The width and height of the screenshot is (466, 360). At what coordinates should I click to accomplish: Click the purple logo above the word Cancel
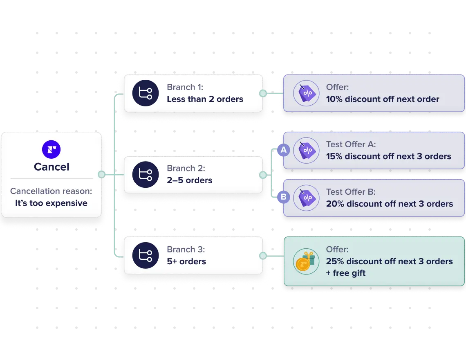click(x=52, y=149)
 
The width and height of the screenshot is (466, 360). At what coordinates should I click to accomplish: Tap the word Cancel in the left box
click(x=52, y=167)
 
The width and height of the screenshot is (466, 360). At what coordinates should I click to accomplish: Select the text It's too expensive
click(x=51, y=203)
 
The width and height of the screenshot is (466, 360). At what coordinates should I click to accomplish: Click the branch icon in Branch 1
click(x=145, y=93)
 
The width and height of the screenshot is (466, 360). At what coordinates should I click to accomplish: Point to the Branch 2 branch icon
click(x=145, y=175)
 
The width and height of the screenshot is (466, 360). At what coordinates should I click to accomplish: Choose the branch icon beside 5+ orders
click(x=145, y=256)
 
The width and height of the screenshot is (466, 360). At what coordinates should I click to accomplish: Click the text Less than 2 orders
click(x=205, y=99)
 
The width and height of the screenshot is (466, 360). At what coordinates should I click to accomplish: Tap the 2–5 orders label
click(x=189, y=180)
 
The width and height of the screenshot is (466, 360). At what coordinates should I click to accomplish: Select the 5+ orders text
click(x=186, y=261)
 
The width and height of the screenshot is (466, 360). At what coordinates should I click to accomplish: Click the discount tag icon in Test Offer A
click(x=306, y=151)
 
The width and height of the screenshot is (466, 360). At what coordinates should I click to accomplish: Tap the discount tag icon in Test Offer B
click(x=306, y=198)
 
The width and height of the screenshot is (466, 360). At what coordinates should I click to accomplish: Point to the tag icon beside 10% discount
click(x=306, y=93)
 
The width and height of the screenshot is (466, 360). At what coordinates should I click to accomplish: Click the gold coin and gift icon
click(x=306, y=261)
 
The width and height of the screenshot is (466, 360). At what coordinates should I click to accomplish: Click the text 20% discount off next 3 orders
click(x=389, y=204)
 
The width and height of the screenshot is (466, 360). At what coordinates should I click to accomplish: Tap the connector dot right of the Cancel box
click(x=101, y=175)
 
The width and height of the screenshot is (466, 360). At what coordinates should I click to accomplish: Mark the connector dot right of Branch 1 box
click(x=263, y=93)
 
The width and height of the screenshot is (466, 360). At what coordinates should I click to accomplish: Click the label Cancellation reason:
click(x=51, y=191)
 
